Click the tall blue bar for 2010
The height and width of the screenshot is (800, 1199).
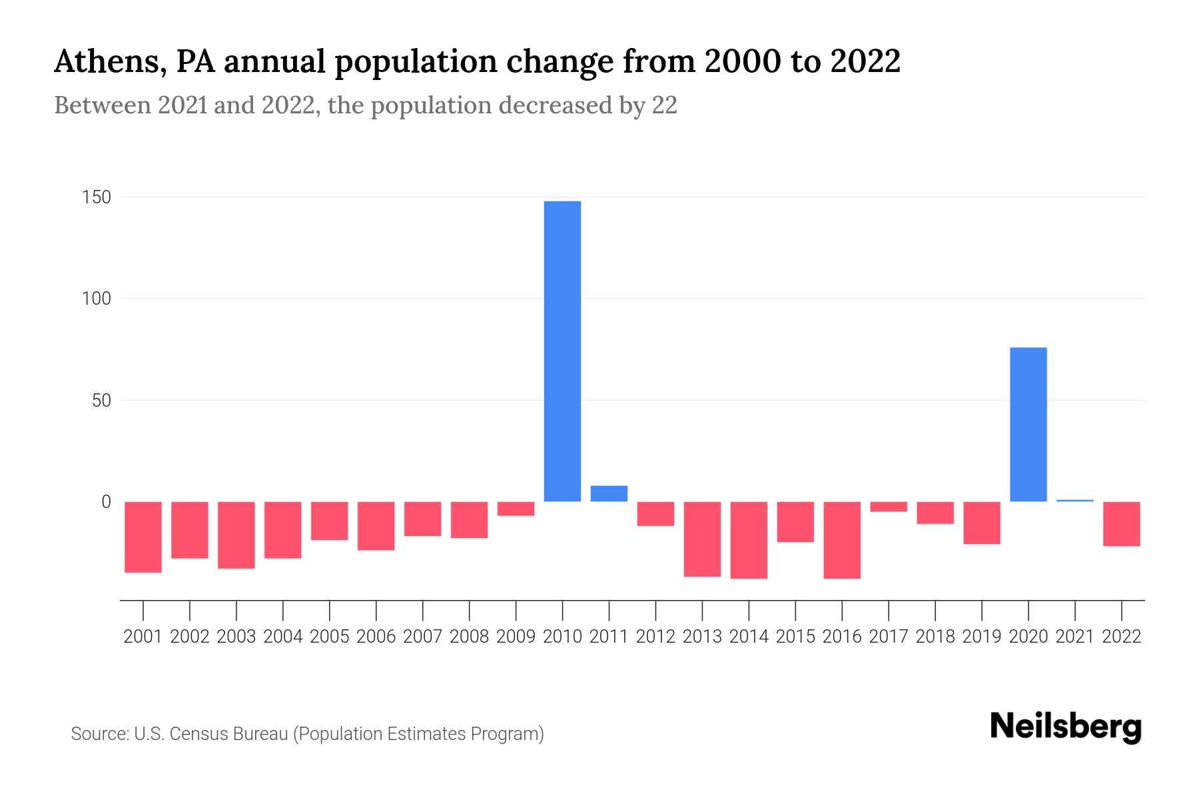point(562,351)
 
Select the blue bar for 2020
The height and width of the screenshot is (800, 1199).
point(1028,425)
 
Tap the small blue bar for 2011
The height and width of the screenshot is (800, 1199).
point(609,493)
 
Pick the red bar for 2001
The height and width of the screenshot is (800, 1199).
point(143,537)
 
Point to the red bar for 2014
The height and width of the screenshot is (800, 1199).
point(749,540)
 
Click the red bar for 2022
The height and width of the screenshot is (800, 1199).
point(1121,524)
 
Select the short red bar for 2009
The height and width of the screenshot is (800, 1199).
point(516,509)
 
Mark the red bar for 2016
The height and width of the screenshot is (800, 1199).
point(842,540)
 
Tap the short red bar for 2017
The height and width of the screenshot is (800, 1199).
point(889,507)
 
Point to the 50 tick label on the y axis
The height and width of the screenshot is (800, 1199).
point(101,401)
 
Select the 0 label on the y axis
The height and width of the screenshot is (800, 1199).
point(106,502)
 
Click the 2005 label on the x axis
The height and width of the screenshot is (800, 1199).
point(329,637)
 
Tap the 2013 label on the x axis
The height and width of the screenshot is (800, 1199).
point(702,637)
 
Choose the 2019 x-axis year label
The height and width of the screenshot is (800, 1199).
point(981,637)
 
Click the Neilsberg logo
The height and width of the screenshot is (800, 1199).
point(1066,727)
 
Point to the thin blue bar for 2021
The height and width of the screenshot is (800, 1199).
point(1074,501)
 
